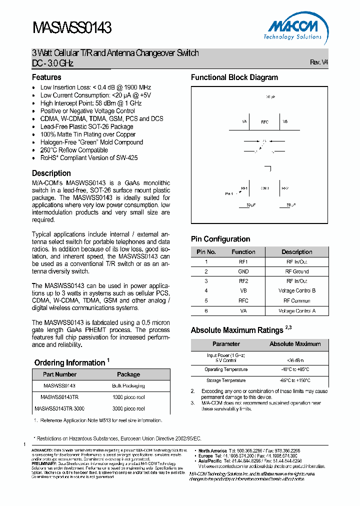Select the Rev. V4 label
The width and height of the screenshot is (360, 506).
319,62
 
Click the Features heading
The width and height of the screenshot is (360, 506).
46,77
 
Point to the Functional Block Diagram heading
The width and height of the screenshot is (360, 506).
234,77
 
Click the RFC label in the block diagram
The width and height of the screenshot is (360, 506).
265,122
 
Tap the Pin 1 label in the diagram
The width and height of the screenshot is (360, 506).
229,193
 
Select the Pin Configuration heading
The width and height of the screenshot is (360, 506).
220,239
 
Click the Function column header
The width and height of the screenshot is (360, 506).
243,252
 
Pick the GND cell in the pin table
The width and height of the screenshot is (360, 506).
243,271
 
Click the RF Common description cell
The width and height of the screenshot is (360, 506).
297,301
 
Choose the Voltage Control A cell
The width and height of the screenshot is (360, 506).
297,311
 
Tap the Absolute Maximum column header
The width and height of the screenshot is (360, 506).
295,344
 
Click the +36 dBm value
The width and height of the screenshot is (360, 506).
295,360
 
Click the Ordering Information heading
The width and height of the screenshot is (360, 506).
69,362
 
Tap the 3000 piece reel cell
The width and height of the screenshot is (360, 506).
128,408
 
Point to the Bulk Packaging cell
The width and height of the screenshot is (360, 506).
128,386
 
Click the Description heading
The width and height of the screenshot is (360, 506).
51,173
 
